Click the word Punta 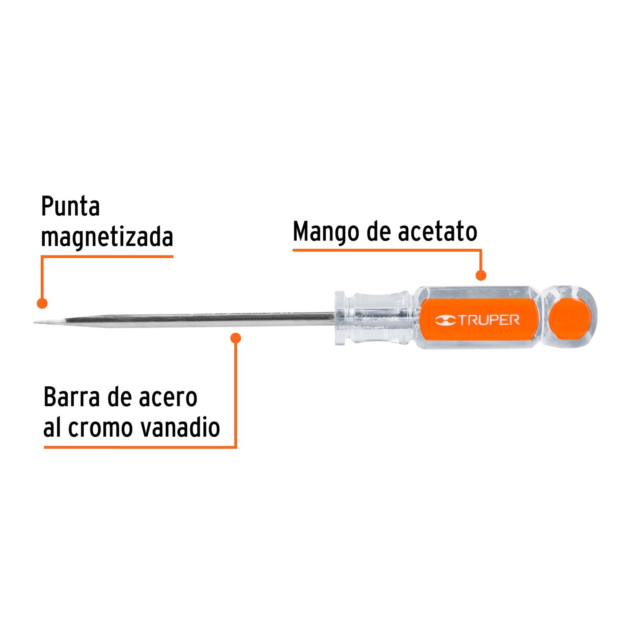(x=70, y=206)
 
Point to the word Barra (x=72, y=397)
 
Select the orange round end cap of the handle (x=569, y=319)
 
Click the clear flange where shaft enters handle (x=340, y=318)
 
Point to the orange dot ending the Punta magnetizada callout (x=42, y=303)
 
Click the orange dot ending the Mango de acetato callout (x=481, y=275)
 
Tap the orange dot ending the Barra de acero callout (x=236, y=338)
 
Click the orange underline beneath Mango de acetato (x=387, y=250)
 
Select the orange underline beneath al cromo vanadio (x=140, y=447)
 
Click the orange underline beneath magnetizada (x=107, y=256)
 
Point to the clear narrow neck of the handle (x=381, y=318)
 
